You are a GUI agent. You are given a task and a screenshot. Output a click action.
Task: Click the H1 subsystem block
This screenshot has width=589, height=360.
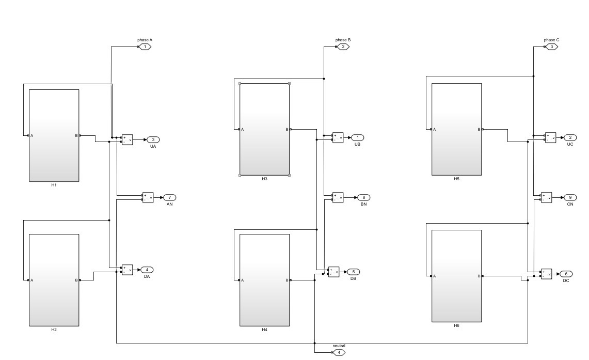coord(54,135)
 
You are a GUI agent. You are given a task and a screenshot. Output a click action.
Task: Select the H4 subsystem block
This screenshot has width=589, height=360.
coord(264,280)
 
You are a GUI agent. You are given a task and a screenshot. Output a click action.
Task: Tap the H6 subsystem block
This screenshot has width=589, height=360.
coord(456,276)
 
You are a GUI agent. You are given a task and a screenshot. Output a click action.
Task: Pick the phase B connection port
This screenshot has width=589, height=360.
coord(343,47)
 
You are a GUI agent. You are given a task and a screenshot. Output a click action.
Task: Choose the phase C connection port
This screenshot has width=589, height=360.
coord(551,47)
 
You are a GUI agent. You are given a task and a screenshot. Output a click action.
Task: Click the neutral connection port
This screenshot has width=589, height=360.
coord(339,352)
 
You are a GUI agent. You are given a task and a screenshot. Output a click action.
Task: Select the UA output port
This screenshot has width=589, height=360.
coord(153,139)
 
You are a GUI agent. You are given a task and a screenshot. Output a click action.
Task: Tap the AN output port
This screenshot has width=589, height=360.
coord(169,197)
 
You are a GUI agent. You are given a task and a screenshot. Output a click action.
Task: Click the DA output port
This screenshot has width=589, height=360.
coord(147,270)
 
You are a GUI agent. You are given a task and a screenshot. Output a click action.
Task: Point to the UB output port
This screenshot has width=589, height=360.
coord(358,137)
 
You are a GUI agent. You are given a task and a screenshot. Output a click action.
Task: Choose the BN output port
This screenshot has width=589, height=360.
coord(363,197)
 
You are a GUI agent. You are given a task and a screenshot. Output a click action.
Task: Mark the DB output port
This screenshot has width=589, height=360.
coord(353,272)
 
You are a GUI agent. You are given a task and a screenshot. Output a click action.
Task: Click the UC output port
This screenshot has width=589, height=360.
coord(570,137)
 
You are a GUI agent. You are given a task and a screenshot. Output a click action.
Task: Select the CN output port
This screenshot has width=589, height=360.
coord(570,197)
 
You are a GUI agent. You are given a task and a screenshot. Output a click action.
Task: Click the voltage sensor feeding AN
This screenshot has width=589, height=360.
coord(148,197)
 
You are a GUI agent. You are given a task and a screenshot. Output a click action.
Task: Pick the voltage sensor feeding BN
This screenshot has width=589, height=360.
coord(338,197)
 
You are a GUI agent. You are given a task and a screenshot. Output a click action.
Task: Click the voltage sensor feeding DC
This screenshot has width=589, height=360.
coord(546,274)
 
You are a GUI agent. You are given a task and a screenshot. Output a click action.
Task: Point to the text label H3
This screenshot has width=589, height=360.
coord(264,179)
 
